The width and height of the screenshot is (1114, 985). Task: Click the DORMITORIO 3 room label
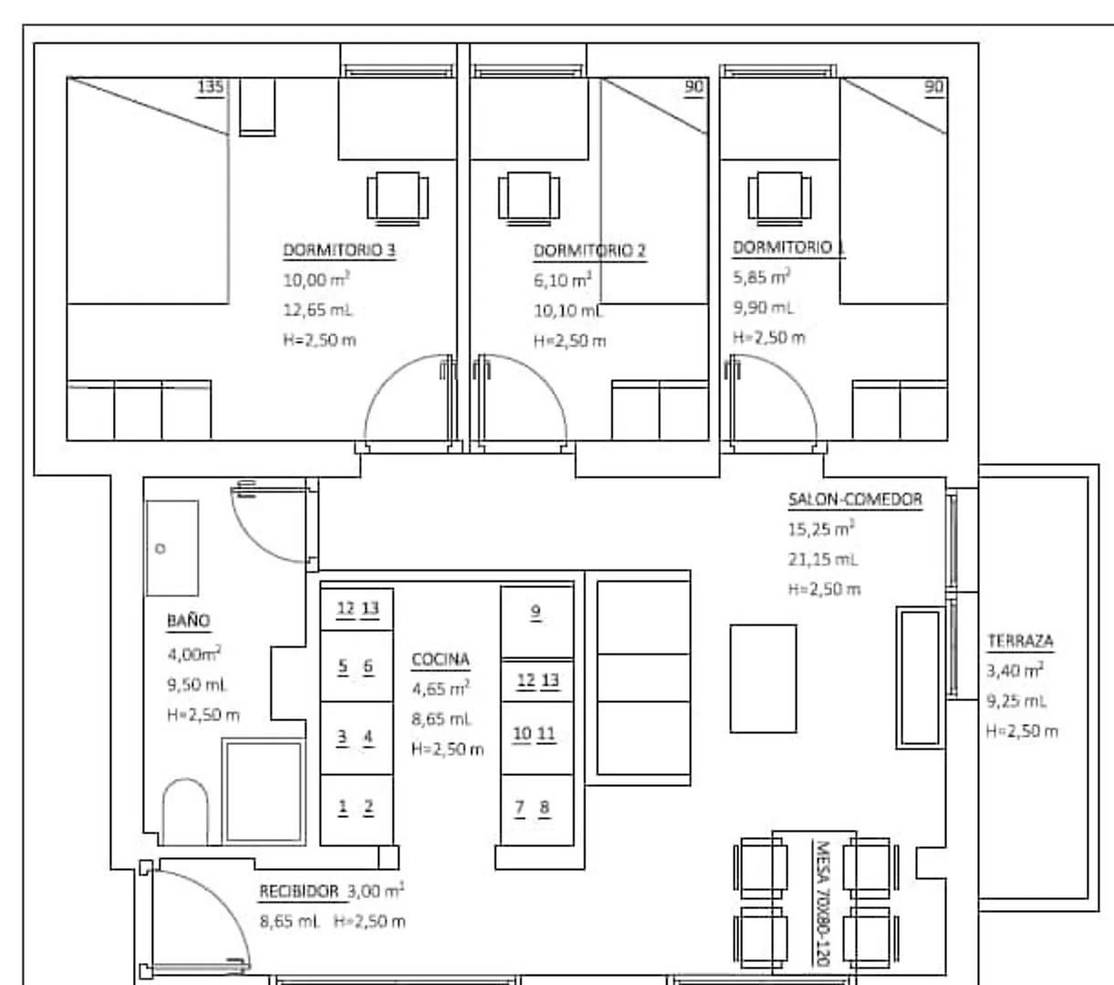pos(339,250)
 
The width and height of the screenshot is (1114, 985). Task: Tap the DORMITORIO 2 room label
pos(590,251)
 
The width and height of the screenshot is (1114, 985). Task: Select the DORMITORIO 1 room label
pos(788,247)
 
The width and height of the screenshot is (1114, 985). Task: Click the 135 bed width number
pos(211,87)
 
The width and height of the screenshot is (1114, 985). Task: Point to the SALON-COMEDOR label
pos(855,499)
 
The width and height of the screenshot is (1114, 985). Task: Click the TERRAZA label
pos(1020,641)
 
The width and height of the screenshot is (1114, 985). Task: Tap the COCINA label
pos(441,659)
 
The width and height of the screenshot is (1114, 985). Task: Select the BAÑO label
pos(189,620)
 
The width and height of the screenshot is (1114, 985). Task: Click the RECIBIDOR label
pos(298,892)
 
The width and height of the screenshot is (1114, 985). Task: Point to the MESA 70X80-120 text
pos(822,903)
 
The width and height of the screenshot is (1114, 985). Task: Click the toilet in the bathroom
pos(185,812)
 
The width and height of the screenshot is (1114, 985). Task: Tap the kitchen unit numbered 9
pos(537,622)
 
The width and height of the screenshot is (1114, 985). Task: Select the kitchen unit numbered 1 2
pos(357,810)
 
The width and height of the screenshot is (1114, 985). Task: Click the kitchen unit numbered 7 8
pos(537,810)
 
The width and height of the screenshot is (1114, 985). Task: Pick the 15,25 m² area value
pos(821,529)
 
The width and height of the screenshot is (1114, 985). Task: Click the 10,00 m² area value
pos(317,279)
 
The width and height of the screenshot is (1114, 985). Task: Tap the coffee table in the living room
pos(763,678)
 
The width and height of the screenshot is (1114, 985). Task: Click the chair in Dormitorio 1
pos(779,198)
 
